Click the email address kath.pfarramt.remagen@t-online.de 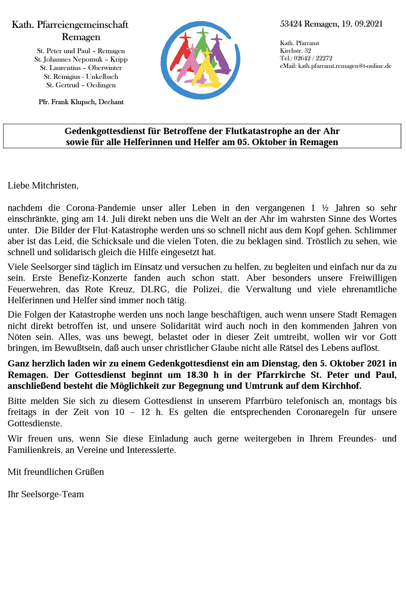pos(345,66)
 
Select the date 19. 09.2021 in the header pos(362,24)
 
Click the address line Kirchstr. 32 pos(295,51)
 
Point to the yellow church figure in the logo pos(209,72)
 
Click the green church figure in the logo pos(203,46)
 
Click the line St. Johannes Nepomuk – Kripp pos(81,59)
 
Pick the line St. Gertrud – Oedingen pos(81,85)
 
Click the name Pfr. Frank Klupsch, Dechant pos(81,102)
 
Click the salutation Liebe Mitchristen pos(43,186)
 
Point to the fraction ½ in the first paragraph pos(325,208)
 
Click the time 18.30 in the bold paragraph pos(197,375)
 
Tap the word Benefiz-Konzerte pos(93,278)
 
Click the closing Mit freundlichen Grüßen pos(56,472)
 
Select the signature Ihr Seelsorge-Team pos(45,494)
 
